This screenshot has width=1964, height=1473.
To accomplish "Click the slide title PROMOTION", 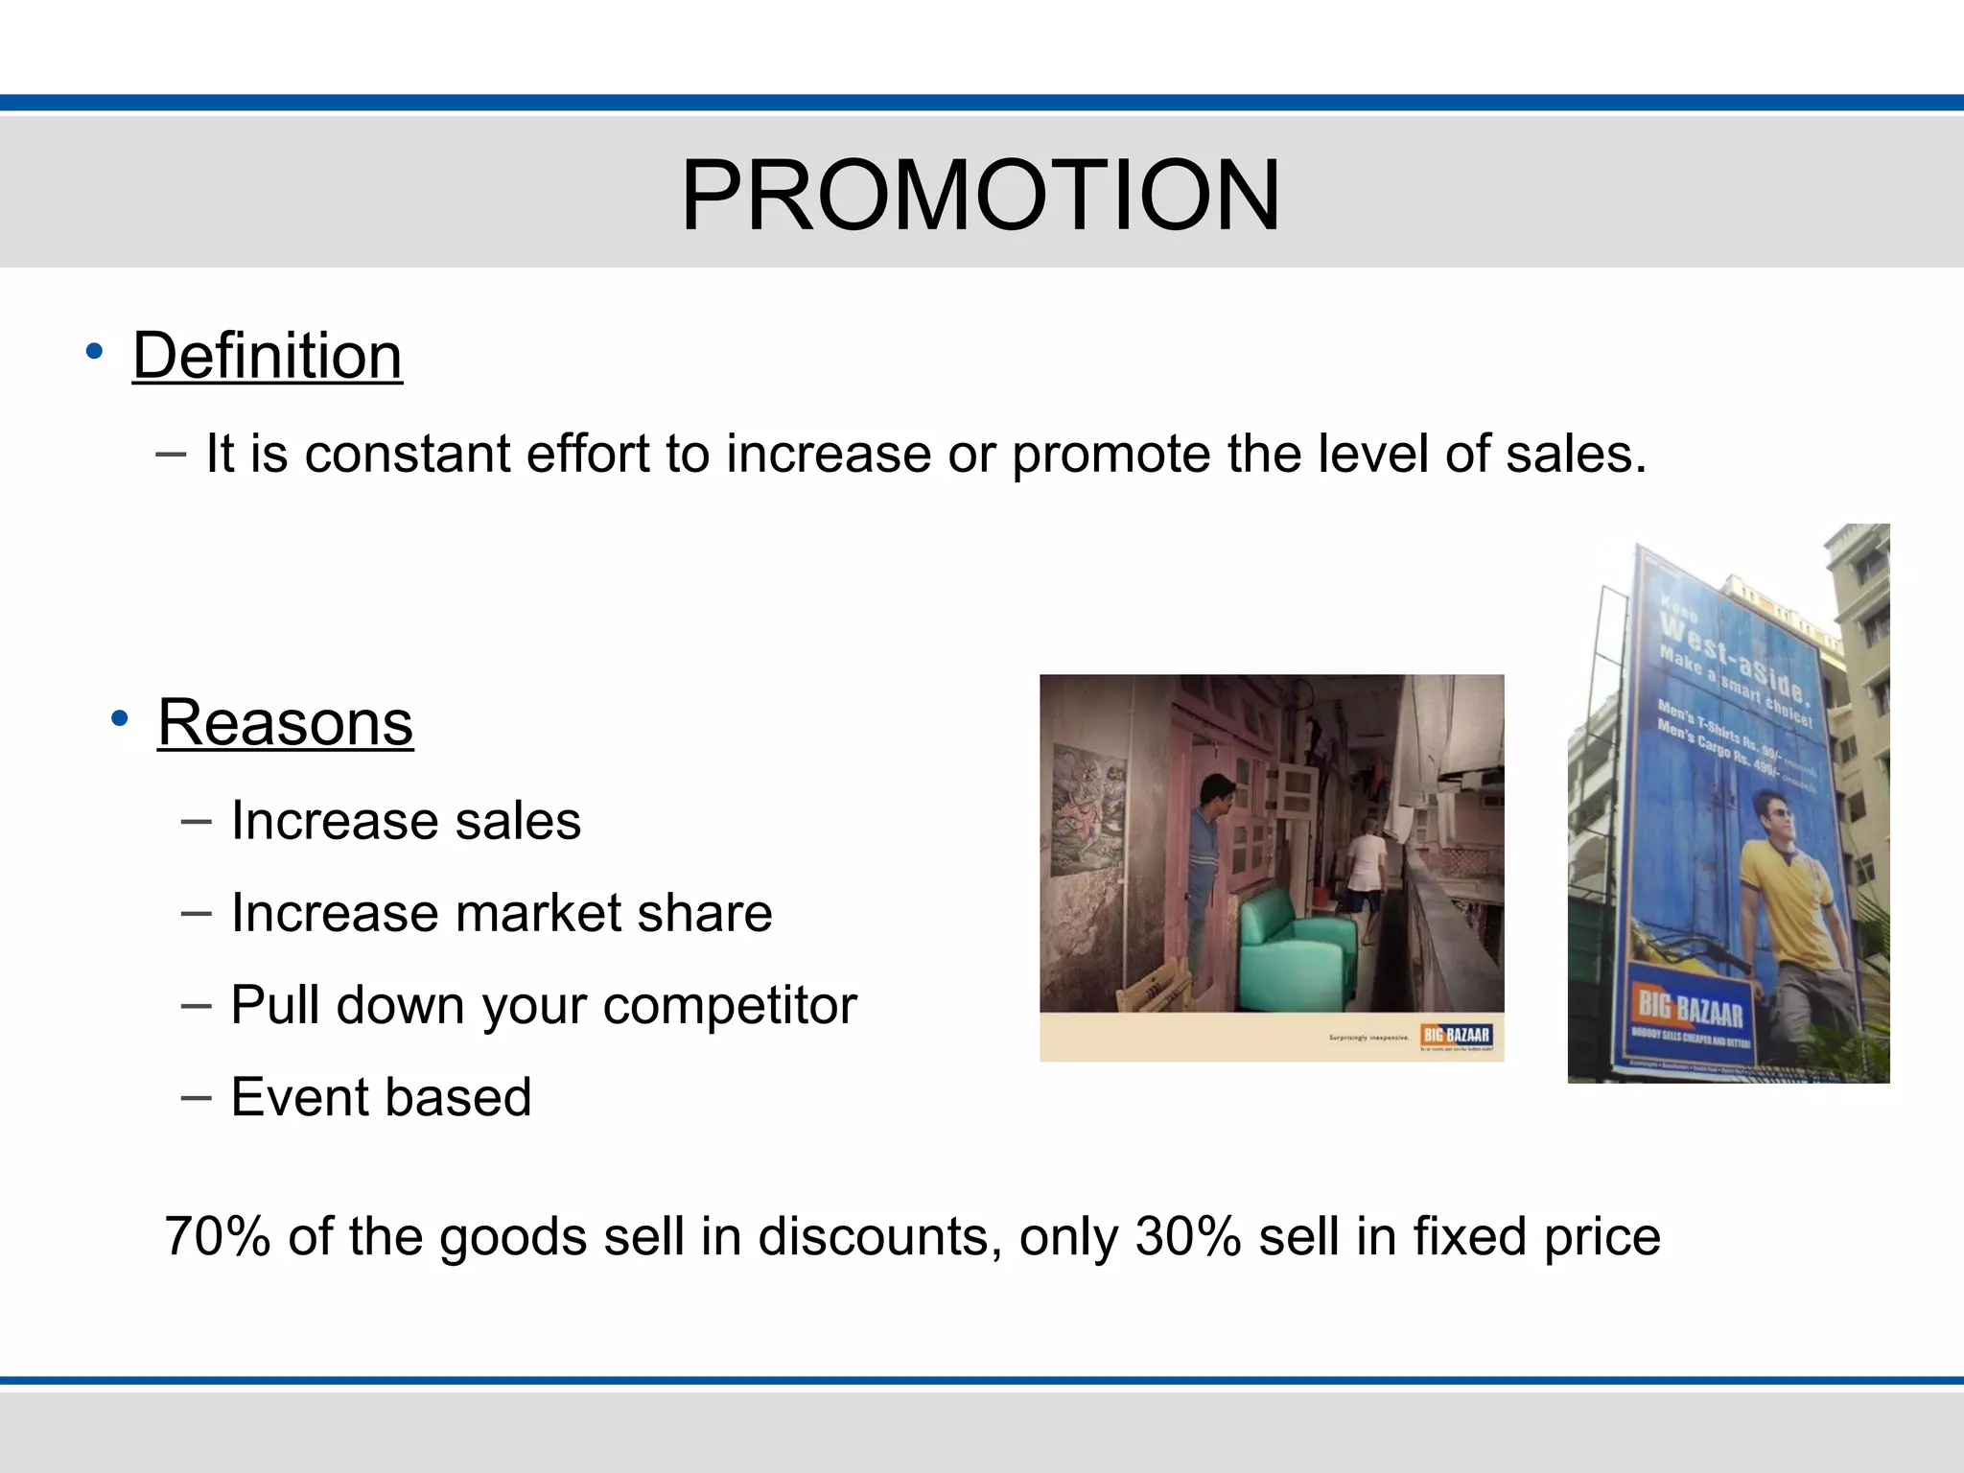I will (980, 196).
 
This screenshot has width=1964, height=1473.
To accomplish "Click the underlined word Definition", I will (267, 356).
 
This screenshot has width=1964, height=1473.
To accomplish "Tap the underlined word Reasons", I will (285, 722).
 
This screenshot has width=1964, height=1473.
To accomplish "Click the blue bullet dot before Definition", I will (93, 352).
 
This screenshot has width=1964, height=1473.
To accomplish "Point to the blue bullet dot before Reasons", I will (119, 718).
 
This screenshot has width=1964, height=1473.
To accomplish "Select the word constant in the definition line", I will (407, 454).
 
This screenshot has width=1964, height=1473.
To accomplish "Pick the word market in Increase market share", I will (537, 913).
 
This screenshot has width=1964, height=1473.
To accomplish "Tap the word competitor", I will (729, 1006).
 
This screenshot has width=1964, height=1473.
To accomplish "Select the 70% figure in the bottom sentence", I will (218, 1236).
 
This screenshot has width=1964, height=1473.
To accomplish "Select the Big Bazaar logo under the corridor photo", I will (1456, 1035).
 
